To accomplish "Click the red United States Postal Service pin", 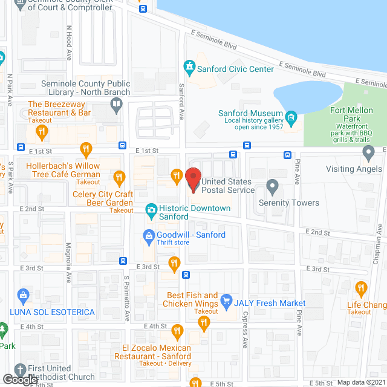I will (x=192, y=179).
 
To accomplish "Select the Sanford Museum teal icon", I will (x=291, y=116).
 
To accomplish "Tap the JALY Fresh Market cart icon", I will (x=226, y=300).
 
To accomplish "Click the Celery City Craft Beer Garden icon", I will (x=119, y=178).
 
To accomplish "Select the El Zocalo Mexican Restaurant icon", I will (x=177, y=331).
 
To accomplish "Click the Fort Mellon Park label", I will (x=354, y=114).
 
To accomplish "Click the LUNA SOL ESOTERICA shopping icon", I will (x=24, y=296).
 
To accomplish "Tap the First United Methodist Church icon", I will (x=19, y=369).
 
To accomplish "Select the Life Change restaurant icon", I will (x=362, y=288).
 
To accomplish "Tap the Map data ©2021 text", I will (x=360, y=382).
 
